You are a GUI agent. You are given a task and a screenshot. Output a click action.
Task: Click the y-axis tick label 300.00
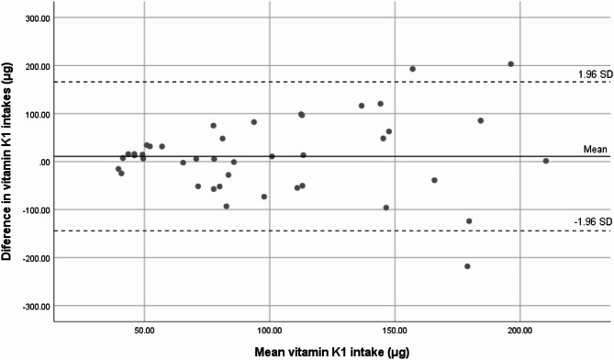coord(32,18)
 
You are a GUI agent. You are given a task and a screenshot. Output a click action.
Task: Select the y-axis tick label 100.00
coord(32,114)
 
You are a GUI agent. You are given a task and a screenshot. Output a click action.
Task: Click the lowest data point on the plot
coord(468,266)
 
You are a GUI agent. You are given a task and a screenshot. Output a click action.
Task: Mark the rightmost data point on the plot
coord(546,161)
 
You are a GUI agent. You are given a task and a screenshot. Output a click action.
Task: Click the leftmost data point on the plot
coord(118,169)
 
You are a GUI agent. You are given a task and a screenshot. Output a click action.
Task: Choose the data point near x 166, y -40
coord(435,180)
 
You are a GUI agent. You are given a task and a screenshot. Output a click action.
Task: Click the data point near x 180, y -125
coord(469,221)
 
